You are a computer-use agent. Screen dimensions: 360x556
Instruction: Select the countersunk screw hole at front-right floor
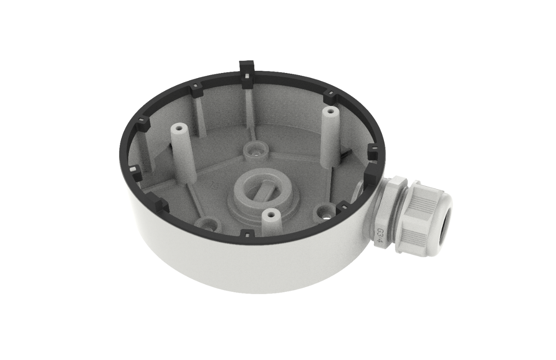[324, 212]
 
